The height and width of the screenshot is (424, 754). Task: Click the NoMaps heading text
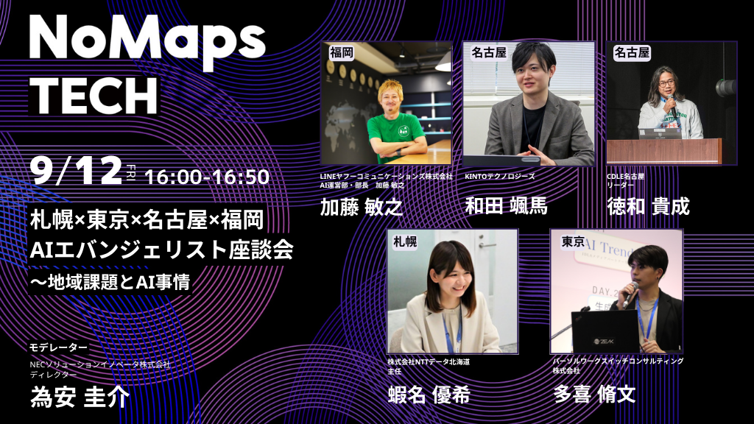point(147,38)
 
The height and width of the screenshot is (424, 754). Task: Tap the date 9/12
point(76,171)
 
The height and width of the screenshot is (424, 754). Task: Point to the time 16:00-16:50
point(207,177)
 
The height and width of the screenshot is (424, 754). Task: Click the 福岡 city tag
point(342,52)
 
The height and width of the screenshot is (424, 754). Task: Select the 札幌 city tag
point(405,241)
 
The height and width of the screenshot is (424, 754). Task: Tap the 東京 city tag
point(573,241)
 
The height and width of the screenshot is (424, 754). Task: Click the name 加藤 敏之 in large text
point(362,207)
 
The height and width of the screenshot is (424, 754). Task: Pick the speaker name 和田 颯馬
point(506,206)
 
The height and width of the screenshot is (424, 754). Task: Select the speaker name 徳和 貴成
point(648,206)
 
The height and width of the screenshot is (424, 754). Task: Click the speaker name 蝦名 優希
point(429,395)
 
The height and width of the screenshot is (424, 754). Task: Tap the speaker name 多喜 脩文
point(594,395)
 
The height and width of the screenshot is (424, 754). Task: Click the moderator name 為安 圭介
point(80,397)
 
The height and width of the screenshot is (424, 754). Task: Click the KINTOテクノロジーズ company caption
point(500,177)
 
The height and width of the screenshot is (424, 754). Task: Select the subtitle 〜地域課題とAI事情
point(110,282)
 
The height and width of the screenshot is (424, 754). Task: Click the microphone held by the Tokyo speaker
point(630,294)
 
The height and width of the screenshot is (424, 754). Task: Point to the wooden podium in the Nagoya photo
point(664,152)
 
